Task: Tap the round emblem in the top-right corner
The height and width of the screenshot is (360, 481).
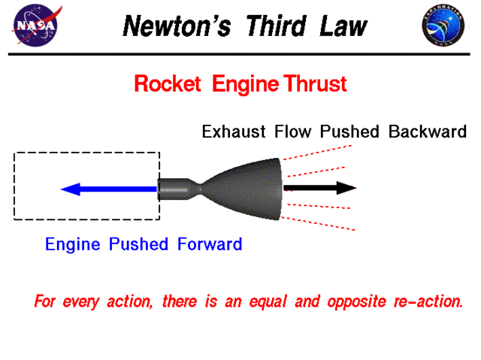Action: (x=443, y=26)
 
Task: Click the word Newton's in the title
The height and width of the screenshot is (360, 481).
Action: (x=167, y=26)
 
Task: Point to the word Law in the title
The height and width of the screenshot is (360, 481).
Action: (x=342, y=26)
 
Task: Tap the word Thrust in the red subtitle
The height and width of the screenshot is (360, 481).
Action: (x=314, y=83)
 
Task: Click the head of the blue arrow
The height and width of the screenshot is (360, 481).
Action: (x=70, y=189)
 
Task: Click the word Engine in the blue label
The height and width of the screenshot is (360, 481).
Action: (x=74, y=245)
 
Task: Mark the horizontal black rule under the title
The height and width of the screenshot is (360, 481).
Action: (x=240, y=55)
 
